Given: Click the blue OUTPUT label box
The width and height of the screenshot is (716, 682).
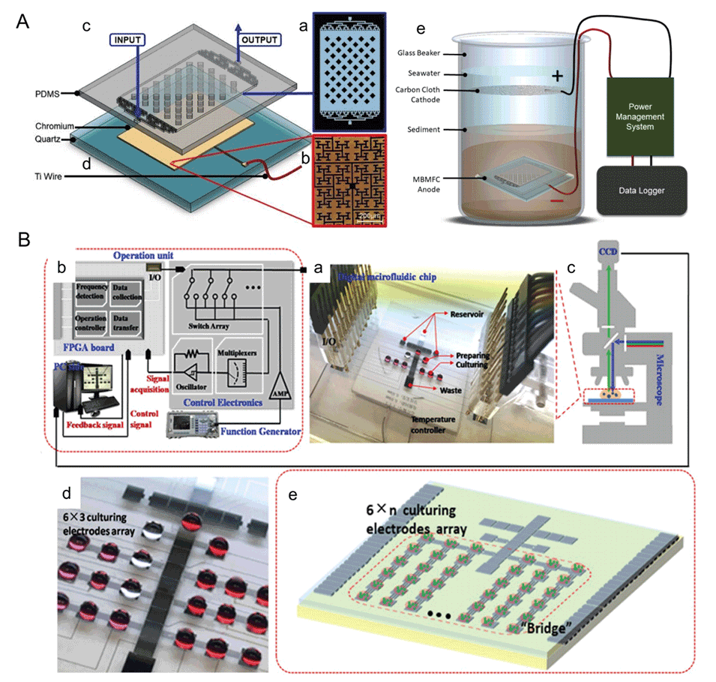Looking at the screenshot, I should pos(259,40).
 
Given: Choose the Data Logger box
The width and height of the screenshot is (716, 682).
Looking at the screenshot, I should pos(642,191).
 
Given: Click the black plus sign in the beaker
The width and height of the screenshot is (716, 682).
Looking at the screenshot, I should pos(557,76).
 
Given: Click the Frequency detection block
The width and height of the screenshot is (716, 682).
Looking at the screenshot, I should pos(91,293).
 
